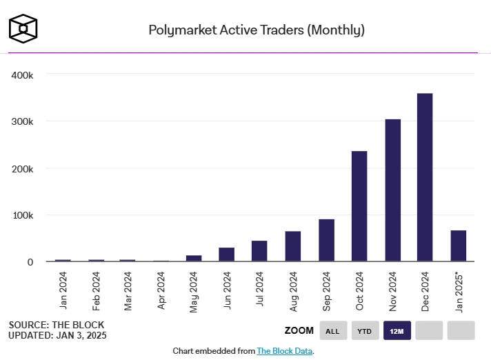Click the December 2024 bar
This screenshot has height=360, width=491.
coord(425,177)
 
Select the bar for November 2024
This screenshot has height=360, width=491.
coord(392,190)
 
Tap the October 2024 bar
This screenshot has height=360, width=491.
coord(359,206)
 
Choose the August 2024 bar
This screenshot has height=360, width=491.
coord(293,246)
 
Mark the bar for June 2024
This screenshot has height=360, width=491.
coord(227,254)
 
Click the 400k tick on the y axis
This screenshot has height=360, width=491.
coord(23,74)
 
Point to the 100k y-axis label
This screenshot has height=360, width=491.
coord(23,215)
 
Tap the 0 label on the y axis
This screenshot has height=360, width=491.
coord(30,262)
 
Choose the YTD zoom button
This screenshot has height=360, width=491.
coord(365,331)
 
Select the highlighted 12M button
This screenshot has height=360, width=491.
coord(397,331)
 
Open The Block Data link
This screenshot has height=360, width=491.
coord(285,351)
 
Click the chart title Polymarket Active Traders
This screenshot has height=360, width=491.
coord(257,30)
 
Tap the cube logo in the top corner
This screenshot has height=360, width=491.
coord(23,28)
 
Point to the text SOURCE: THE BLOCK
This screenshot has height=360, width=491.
coord(57,324)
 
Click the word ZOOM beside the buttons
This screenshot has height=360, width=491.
coord(299,331)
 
